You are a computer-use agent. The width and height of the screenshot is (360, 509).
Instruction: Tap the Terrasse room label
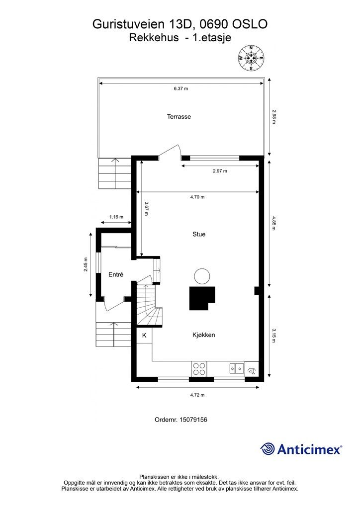pos(179,116)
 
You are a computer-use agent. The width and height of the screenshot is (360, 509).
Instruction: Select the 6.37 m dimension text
pos(181,88)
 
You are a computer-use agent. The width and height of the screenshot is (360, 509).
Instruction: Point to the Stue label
pos(199,234)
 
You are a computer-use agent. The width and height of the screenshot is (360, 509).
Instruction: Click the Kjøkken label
pos(203,335)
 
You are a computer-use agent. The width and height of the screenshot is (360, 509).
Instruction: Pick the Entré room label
pos(116,274)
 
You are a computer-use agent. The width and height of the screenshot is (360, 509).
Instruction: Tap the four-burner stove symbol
pos(199,369)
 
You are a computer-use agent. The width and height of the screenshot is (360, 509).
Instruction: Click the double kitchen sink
pos(237,368)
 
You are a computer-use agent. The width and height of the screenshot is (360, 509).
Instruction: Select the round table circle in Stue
pos(202,276)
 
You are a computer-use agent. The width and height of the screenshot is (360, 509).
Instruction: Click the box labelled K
pos(144,336)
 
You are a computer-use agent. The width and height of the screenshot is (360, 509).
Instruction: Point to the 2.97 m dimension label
pos(220,171)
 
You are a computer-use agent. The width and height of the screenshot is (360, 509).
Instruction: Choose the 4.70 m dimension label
pos(197,197)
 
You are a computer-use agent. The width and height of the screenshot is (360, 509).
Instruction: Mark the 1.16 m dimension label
pos(116,217)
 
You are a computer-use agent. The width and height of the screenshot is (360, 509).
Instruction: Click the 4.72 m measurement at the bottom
pos(197,395)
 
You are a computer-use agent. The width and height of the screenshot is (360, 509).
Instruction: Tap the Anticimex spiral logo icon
pos(268,449)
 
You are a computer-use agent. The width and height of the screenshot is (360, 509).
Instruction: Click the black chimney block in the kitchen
pos(202,298)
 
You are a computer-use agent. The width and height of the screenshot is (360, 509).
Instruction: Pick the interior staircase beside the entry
pos(149,305)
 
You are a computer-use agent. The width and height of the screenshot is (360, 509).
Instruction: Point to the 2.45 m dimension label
pos(86,264)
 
